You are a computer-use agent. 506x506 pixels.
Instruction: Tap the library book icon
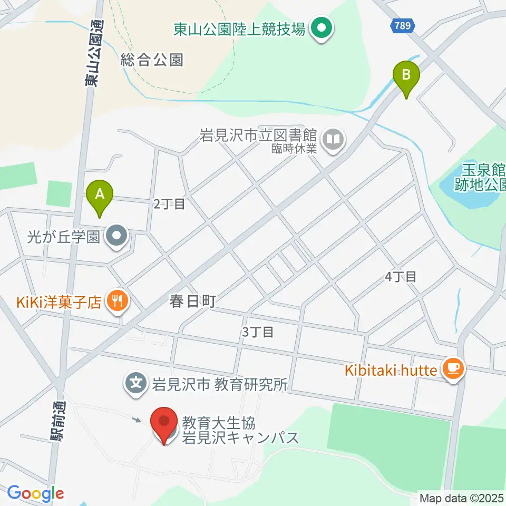coord(333,140)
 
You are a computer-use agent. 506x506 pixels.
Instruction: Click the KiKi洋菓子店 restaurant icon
coord(115,301)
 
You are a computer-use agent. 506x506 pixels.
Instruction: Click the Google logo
coord(35,493)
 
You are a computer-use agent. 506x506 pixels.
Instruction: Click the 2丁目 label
coord(169,203)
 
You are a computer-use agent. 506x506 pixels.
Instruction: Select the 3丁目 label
coord(257,332)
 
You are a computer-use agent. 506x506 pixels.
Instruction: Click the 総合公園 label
coord(151,60)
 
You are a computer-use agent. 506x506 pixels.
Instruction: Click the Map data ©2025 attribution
coord(462,498)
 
